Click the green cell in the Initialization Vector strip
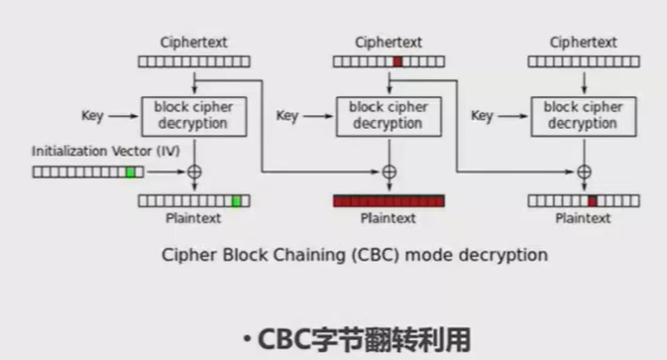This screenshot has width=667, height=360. [130, 172]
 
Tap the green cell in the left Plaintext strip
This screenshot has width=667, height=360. [236, 200]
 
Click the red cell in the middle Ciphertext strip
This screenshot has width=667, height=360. [397, 61]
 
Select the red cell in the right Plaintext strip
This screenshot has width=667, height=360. [593, 200]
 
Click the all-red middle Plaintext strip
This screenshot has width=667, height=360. [389, 200]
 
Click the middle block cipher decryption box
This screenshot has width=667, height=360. [389, 116]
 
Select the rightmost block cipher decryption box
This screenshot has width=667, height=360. [583, 116]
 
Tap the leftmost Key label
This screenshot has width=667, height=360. [92, 116]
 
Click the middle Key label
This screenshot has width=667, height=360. [286, 116]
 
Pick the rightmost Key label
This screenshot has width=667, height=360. [482, 116]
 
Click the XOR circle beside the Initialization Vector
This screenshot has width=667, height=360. [194, 172]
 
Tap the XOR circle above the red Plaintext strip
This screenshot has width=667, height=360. [389, 172]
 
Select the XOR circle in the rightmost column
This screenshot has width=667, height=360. [583, 172]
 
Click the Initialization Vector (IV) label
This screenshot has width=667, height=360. [95, 152]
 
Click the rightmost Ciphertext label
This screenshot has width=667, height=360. [583, 43]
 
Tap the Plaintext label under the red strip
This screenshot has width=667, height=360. [389, 218]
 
